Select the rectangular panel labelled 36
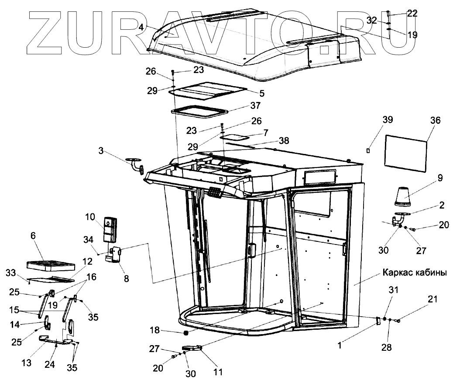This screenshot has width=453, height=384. click(x=406, y=153)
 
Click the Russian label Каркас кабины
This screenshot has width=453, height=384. click(x=414, y=273)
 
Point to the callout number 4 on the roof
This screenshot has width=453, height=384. click(x=141, y=27)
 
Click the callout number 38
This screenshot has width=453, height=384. click(x=284, y=141)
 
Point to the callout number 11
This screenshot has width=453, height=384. click(x=218, y=372)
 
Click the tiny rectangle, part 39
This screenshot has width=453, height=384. click(x=369, y=150)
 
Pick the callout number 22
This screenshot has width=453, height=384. click(x=412, y=14)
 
